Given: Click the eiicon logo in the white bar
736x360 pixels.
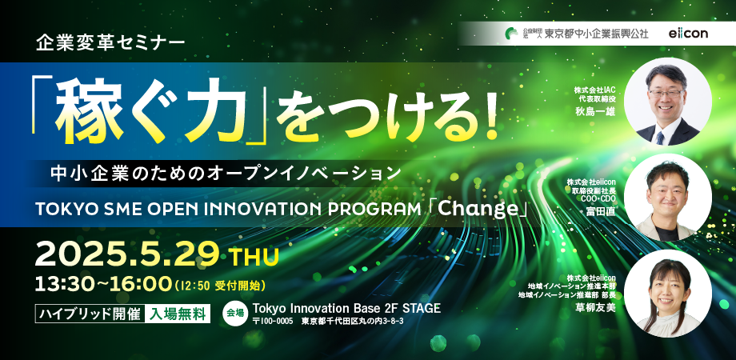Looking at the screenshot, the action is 689,34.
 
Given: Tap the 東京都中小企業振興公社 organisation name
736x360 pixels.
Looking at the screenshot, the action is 596,34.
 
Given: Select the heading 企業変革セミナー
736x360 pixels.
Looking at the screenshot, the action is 110,44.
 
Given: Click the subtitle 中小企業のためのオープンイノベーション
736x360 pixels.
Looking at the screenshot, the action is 226,173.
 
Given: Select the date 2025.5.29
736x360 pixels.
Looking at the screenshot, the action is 127,256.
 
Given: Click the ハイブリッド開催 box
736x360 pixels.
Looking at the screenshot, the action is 90,314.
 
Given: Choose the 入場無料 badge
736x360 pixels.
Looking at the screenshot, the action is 177,314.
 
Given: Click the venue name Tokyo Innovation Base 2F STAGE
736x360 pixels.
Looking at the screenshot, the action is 347,308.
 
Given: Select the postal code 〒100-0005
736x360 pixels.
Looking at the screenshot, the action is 272,322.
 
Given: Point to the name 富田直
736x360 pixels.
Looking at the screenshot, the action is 600,213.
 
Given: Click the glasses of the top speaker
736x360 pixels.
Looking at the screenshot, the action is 666,93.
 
